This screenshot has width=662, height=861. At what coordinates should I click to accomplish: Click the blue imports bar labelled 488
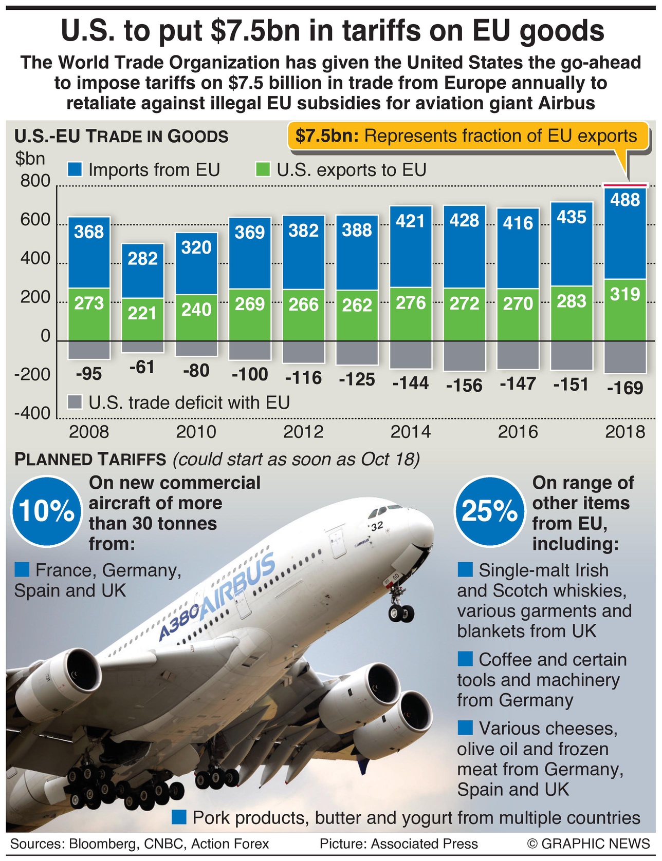pos(625,234)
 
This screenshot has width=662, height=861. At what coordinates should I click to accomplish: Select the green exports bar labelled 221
pos(142,319)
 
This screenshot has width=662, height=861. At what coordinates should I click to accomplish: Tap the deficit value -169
pos(624,388)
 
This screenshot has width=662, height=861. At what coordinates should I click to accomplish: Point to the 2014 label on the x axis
pos(411,432)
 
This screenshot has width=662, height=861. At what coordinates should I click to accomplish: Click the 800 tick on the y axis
pos(35,181)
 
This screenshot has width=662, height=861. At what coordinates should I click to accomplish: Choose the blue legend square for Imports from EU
pos(75,169)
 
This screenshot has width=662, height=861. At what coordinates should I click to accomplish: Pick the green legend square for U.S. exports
pos(263,169)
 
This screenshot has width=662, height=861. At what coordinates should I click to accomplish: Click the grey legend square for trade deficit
pos(75,402)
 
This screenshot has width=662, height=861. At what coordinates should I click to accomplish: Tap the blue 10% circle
pos(46,511)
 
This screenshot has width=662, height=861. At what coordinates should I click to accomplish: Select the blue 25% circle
pos(489,511)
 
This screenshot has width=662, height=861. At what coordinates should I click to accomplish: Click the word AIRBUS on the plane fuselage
pos(237,586)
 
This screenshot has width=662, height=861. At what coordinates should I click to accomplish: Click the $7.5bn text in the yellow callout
pos(327,136)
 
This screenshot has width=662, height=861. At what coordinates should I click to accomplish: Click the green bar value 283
pos(572,301)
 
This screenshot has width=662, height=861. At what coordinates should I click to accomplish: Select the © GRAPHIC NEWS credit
pos(588,844)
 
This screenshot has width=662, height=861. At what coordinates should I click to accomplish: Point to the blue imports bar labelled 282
pos(142,271)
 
